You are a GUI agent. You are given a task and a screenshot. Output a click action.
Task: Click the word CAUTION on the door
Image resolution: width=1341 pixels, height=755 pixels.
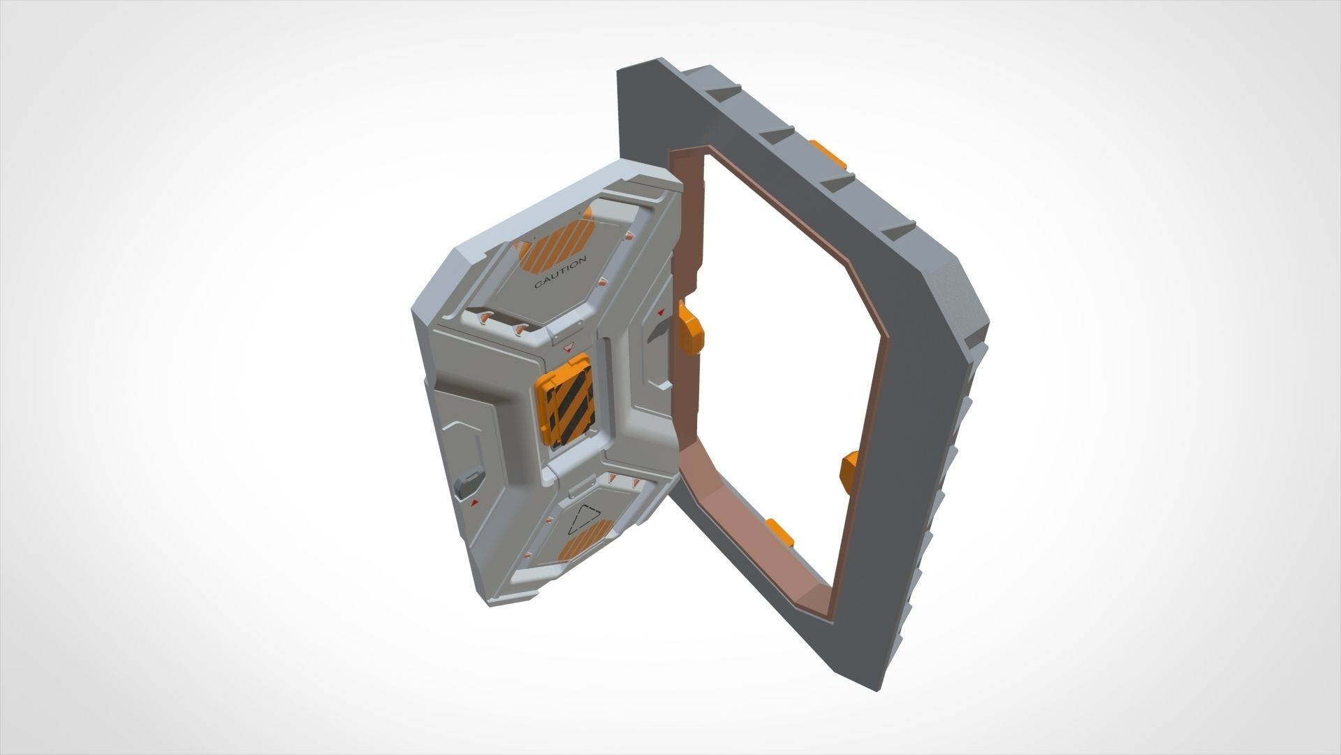tap(560, 272)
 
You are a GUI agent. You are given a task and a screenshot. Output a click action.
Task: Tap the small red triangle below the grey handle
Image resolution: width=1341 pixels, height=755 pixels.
tap(474, 503)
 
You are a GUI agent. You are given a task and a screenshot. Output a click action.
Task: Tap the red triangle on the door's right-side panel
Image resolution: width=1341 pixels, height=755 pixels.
tap(660, 312)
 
